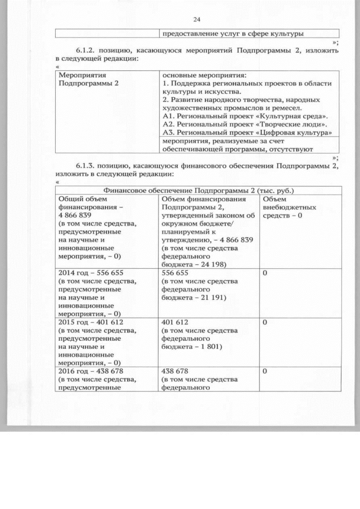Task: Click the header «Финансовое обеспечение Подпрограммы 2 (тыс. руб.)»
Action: coord(198,191)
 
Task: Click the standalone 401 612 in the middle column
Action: coord(174,322)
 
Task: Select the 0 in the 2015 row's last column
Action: coord(265,322)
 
